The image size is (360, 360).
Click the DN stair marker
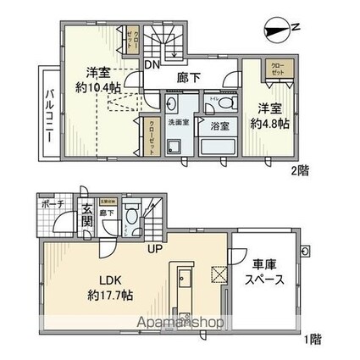[153, 65]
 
